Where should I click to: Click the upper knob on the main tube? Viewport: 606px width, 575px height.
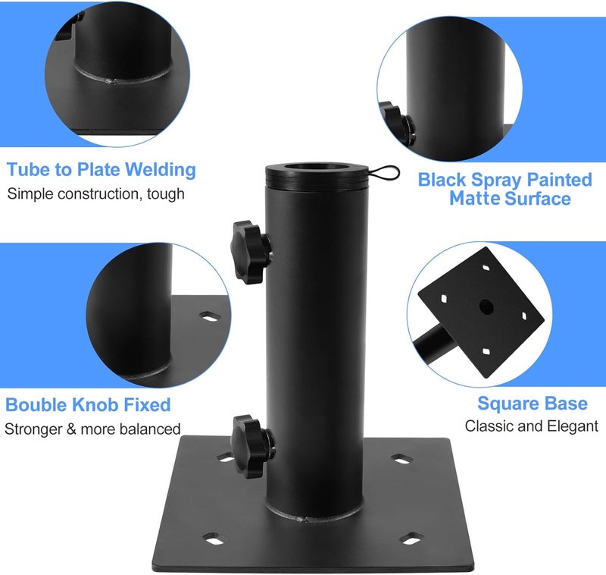pos(251,252)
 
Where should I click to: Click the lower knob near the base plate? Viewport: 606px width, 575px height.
pos(253,446)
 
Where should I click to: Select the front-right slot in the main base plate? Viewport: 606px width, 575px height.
pos(411,538)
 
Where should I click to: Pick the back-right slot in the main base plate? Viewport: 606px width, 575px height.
pos(402,459)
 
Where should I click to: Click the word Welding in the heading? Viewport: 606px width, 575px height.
pos(161,170)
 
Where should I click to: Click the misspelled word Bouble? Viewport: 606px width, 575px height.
pos(36,405)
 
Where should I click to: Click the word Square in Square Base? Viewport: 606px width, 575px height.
pos(506,404)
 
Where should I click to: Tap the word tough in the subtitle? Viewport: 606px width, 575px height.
pos(165,194)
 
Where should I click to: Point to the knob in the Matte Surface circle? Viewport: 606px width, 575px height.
pos(398,123)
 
